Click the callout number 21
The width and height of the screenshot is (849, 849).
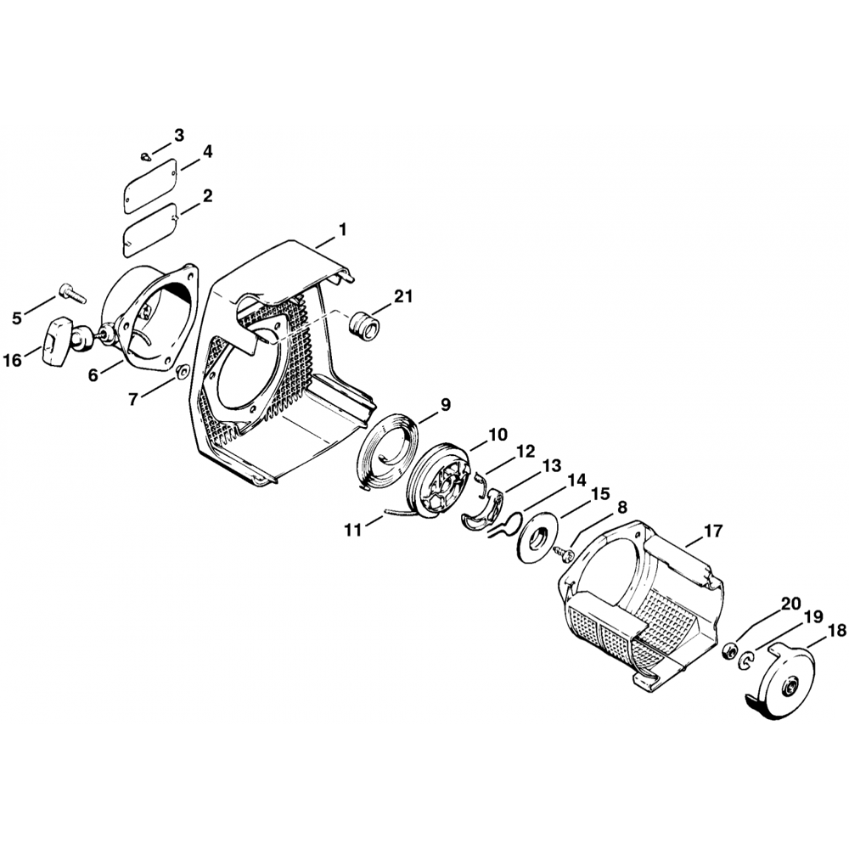coord(402,296)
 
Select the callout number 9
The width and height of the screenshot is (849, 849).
coord(445,405)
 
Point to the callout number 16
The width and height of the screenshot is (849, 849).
coord(13,359)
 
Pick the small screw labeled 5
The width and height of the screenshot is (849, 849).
coord(74,292)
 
